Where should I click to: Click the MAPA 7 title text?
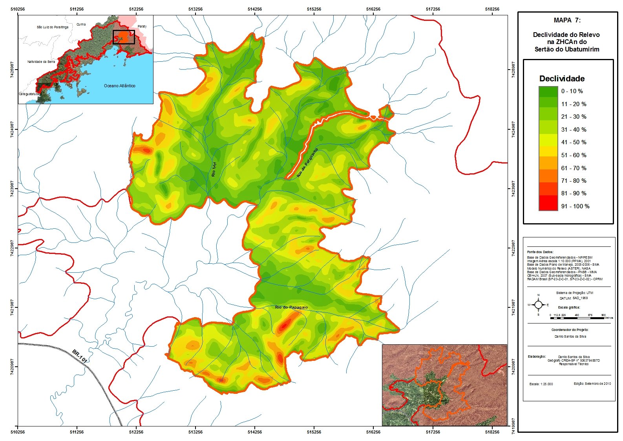coord(567,20)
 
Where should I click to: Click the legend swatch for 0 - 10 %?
coord(548,92)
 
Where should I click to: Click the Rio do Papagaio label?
coord(291,307)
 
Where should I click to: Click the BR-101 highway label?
coord(80,356)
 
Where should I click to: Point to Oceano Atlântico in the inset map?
coord(119,86)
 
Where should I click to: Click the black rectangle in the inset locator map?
coord(124,37)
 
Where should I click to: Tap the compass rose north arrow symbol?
coord(538,305)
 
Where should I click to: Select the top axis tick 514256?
coord(255,9)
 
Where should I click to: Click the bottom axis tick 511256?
coord(77,432)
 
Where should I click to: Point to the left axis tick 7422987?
coord(12,248)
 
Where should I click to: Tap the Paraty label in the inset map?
coord(142,26)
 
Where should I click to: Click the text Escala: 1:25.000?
coord(541,384)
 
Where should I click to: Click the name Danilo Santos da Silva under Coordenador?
coord(567,336)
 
